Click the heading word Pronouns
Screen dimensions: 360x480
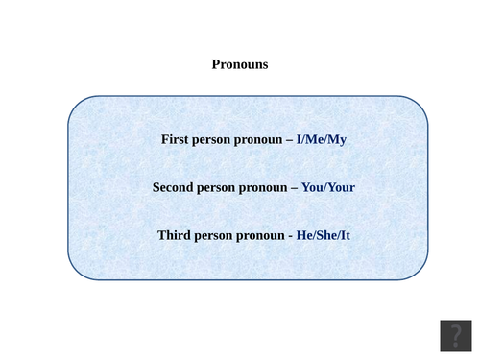pyautogui.click(x=240, y=65)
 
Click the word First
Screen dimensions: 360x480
pyautogui.click(x=176, y=139)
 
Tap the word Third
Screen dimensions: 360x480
pyautogui.click(x=177, y=235)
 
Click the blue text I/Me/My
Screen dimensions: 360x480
pyautogui.click(x=322, y=139)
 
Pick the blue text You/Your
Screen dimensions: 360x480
pyautogui.click(x=328, y=187)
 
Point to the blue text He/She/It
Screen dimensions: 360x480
pyautogui.click(x=324, y=235)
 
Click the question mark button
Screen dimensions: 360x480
pyautogui.click(x=455, y=335)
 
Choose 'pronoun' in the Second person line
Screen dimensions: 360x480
pyautogui.click(x=267, y=188)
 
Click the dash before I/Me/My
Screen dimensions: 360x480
pyautogui.click(x=290, y=140)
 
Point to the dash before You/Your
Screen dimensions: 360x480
pyautogui.click(x=296, y=188)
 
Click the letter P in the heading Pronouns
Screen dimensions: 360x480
pyautogui.click(x=216, y=65)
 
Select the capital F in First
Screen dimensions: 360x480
pyautogui.click(x=165, y=139)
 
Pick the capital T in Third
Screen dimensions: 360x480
pyautogui.click(x=162, y=235)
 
